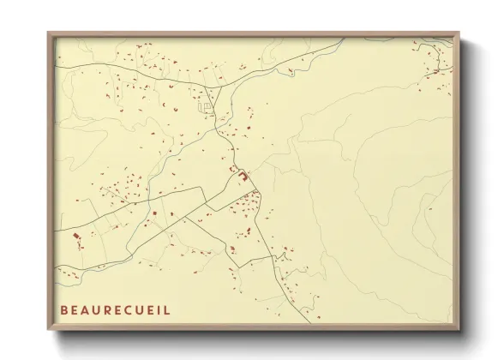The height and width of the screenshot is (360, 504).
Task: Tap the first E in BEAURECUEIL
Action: click(x=75, y=307)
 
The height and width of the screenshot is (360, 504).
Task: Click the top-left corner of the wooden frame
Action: click(x=48, y=33)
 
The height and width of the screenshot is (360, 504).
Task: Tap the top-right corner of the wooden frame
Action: click(x=461, y=33)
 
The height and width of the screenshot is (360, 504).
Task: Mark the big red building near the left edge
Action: click(x=75, y=233)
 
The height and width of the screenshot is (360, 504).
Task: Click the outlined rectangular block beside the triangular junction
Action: click(x=207, y=106)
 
